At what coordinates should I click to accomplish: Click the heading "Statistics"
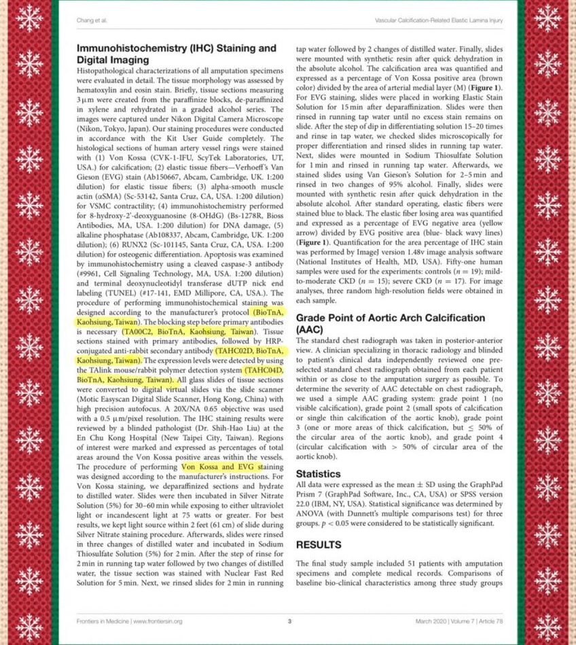321,473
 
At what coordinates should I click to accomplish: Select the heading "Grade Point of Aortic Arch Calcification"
391,318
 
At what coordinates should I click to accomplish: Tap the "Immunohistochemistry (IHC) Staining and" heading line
177,48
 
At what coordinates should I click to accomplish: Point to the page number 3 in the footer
289,621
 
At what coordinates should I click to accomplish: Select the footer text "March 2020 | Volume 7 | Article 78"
459,621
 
